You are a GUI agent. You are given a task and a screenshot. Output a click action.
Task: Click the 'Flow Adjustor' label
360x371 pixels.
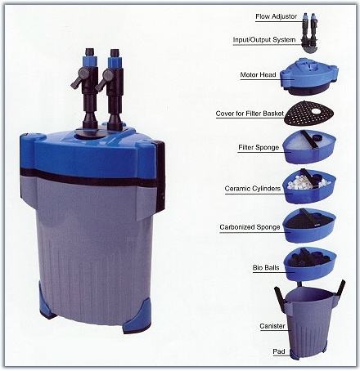click(276, 16)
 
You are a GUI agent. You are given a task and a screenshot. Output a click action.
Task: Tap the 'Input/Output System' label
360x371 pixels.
click(264, 40)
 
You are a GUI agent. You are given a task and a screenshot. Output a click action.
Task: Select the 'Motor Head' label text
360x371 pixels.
click(258, 74)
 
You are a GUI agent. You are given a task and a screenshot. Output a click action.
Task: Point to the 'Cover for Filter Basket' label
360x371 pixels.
click(250, 114)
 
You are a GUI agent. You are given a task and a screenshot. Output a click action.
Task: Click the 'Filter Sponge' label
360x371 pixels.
click(259, 147)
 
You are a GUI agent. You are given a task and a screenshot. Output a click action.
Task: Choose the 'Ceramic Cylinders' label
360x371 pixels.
click(253, 189)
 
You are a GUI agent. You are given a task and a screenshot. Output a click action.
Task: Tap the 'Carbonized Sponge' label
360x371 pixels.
click(250, 227)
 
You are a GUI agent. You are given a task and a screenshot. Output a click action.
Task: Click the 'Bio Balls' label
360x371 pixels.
click(266, 267)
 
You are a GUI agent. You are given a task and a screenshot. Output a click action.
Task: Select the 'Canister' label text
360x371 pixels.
click(272, 326)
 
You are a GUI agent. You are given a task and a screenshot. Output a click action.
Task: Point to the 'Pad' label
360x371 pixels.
click(279, 351)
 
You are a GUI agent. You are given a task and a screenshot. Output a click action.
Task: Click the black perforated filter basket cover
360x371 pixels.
click(309, 113)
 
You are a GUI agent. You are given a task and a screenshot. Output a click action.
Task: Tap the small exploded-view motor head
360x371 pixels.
click(309, 76)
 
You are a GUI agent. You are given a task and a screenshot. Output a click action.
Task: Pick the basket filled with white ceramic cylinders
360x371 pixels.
click(309, 185)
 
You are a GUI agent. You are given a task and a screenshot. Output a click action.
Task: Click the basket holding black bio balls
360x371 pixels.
click(310, 264)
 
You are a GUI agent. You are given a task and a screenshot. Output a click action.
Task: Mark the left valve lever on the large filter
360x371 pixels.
click(79, 78)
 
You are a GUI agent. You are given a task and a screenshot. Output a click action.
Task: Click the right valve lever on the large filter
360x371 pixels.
click(104, 79)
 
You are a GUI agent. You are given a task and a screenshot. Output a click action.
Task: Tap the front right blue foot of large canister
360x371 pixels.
click(137, 315)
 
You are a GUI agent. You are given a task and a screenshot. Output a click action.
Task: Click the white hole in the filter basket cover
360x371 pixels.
click(317, 111)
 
